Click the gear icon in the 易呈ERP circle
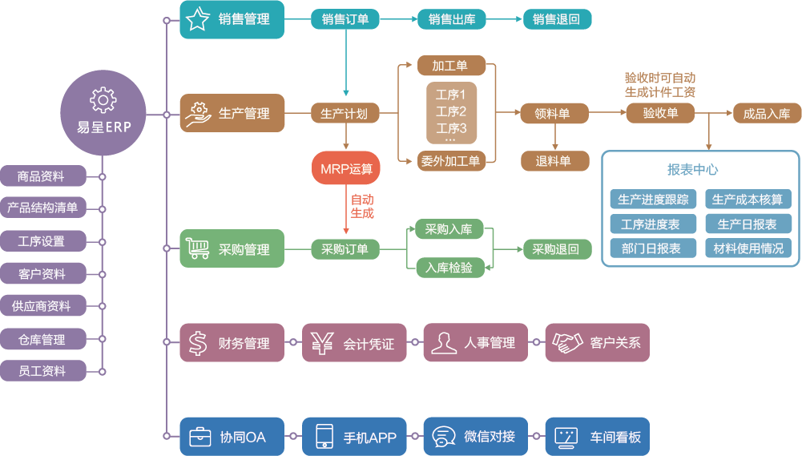tap(103, 100)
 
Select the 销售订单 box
tap(345, 19)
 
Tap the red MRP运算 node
tap(346, 169)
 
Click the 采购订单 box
tap(345, 249)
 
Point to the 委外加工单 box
tap(450, 161)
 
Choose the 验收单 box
tap(660, 113)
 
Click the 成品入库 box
tap(766, 114)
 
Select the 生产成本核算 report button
tap(748, 200)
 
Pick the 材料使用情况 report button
tap(748, 248)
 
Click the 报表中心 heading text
tap(692, 170)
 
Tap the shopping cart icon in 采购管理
tap(198, 248)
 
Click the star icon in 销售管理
tap(198, 20)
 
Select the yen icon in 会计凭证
tap(322, 343)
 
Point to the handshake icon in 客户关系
tap(567, 343)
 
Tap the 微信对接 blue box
tap(476, 437)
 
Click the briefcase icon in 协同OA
tap(199, 438)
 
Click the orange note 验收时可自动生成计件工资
tap(659, 85)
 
